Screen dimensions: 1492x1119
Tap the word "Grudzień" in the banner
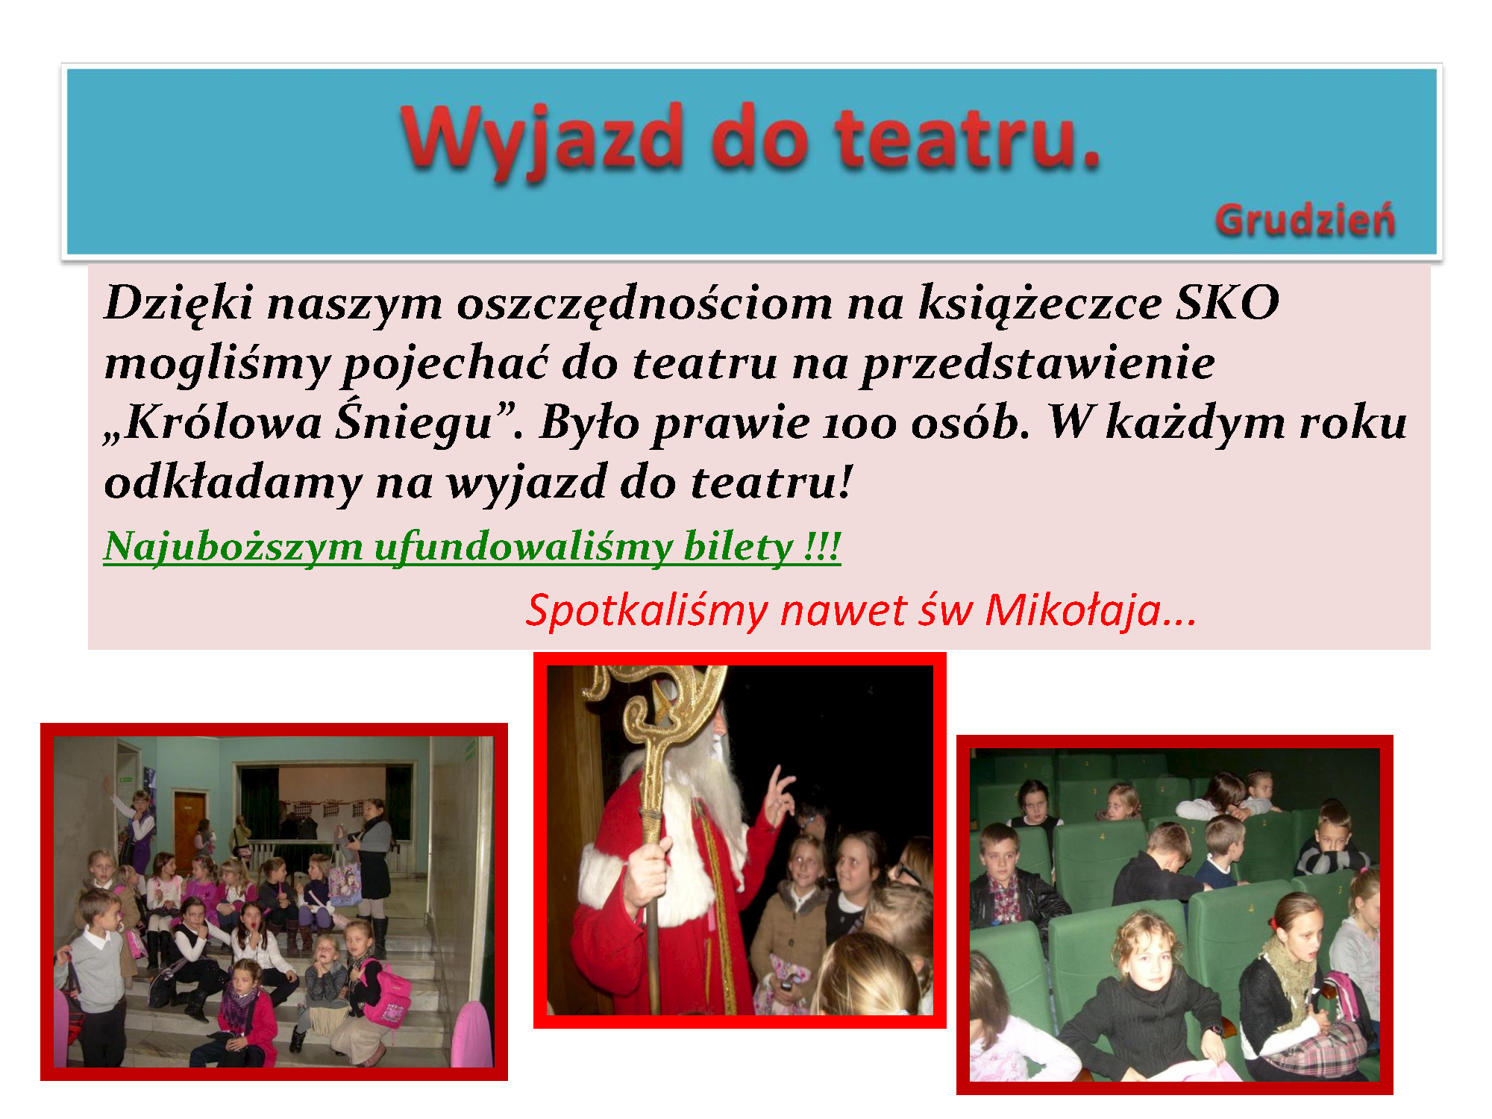pyautogui.click(x=1305, y=222)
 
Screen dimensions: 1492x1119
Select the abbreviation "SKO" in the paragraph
pyautogui.click(x=1228, y=303)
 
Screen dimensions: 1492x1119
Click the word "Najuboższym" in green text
pyautogui.click(x=233, y=548)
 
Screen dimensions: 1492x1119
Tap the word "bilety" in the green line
pyautogui.click(x=739, y=546)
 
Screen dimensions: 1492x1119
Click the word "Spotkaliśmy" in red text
pyautogui.click(x=647, y=612)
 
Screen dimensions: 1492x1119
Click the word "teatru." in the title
pyautogui.click(x=968, y=139)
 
